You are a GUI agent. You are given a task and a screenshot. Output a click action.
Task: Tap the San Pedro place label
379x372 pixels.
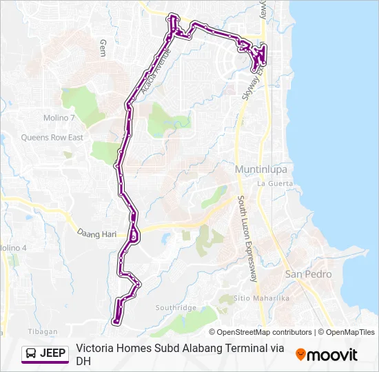[308, 274]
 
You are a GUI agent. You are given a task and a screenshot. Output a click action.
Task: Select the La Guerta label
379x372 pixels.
[275, 184]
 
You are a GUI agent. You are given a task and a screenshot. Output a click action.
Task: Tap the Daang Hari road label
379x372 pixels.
[96, 234]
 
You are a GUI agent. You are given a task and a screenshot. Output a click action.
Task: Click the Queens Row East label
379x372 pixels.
[52, 138]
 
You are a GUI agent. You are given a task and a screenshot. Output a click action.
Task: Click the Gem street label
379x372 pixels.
[103, 48]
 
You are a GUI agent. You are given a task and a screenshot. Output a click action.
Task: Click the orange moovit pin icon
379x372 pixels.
[300, 355]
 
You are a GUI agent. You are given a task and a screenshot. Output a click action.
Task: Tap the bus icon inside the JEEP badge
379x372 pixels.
[32, 354]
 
